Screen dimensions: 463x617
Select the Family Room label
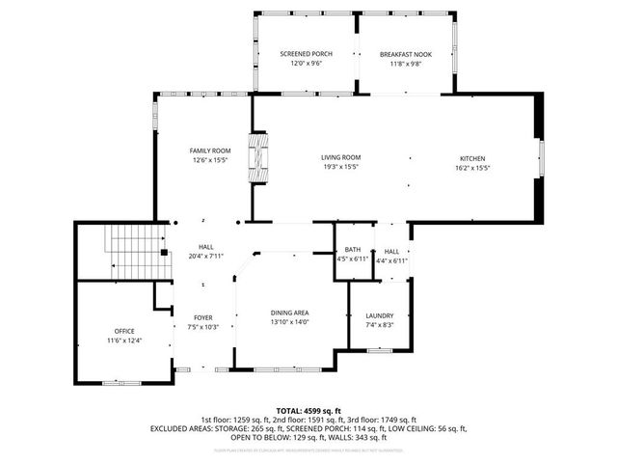(x=209, y=150)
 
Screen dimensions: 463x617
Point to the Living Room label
(x=340, y=157)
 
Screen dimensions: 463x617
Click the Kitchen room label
(x=471, y=158)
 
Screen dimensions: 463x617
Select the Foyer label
(x=202, y=317)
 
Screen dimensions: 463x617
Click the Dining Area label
(x=289, y=312)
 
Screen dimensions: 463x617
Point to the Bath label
(x=353, y=250)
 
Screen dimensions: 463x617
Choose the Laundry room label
(x=379, y=315)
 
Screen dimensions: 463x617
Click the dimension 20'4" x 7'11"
(x=205, y=257)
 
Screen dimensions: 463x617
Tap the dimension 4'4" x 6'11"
(x=391, y=260)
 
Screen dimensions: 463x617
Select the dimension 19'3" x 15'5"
(x=340, y=168)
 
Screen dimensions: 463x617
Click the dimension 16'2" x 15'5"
(x=471, y=168)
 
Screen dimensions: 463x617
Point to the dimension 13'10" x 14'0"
(x=289, y=322)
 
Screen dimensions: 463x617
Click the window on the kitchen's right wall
(x=541, y=158)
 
